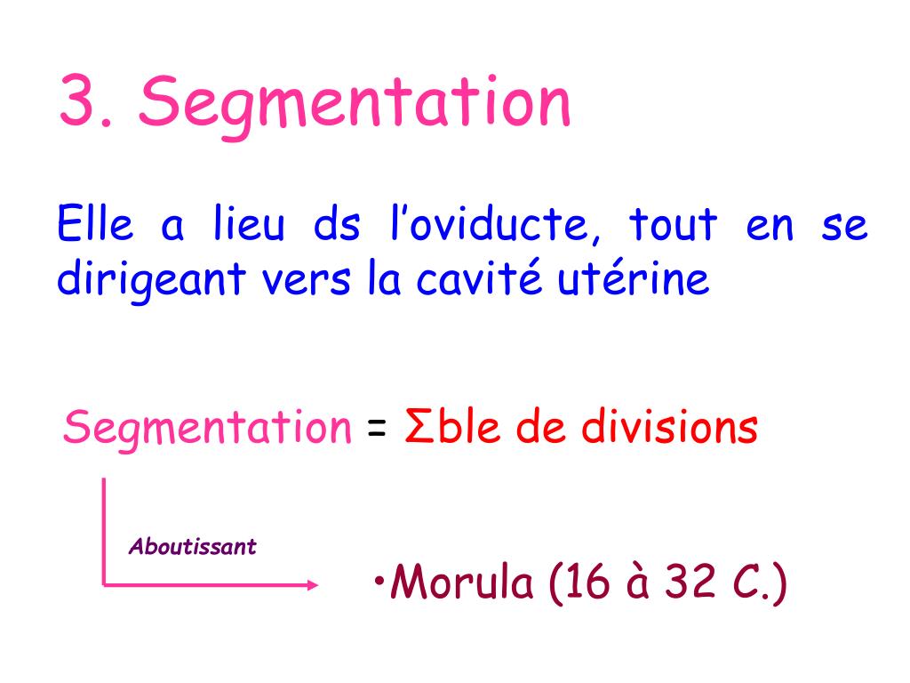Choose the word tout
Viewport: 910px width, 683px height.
pyautogui.click(x=673, y=226)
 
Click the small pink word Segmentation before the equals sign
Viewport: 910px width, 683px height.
pyautogui.click(x=207, y=430)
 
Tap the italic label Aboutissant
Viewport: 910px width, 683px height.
pyautogui.click(x=193, y=547)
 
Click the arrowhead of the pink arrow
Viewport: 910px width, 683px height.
pyautogui.click(x=311, y=585)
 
